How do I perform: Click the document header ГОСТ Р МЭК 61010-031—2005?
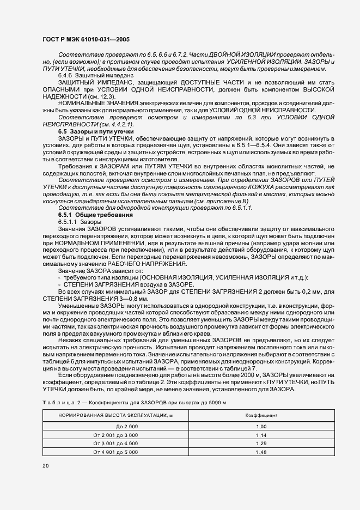click(87, 39)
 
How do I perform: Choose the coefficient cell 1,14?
click(261, 435)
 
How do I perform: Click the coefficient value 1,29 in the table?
click(261, 444)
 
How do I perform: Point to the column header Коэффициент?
click(261, 415)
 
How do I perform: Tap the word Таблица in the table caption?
click(58, 402)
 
